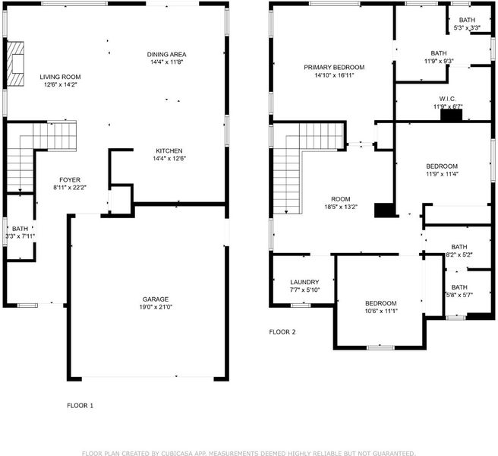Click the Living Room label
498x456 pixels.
click(x=60, y=77)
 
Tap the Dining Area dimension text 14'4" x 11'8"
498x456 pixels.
click(x=167, y=62)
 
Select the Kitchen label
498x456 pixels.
click(x=169, y=150)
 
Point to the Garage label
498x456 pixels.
click(x=156, y=299)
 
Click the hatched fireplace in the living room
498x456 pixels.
click(x=15, y=64)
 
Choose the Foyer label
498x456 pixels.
click(x=70, y=180)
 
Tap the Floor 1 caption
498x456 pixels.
click(x=80, y=405)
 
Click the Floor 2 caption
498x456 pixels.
click(x=282, y=332)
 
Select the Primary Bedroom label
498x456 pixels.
click(x=334, y=68)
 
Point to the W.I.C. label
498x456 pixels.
click(x=447, y=99)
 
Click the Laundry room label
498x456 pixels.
click(x=304, y=282)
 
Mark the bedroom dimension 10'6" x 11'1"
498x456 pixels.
click(x=381, y=311)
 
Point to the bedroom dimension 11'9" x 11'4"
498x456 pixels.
click(x=442, y=174)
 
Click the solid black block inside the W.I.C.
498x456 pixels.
click(x=451, y=116)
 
